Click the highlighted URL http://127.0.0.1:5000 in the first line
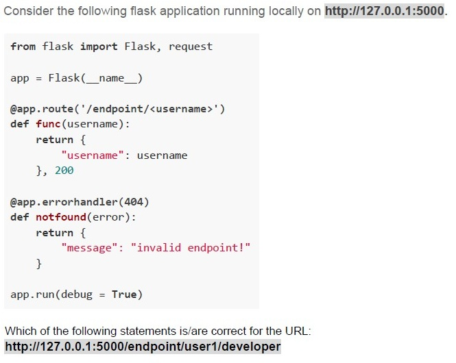coord(385,11)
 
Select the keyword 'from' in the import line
coord(23,47)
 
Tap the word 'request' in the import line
coord(191,47)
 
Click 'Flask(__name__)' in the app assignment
coord(95,78)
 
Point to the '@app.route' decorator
coord(42,109)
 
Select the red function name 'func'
coord(48,124)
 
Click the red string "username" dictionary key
coord(93,155)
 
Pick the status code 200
coord(64,170)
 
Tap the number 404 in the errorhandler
coord(134,202)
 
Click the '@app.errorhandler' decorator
coord(64,202)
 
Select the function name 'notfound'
coord(61,217)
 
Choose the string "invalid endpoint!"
coord(191,248)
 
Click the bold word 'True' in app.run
coord(124,295)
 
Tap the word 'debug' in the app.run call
coord(77,295)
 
